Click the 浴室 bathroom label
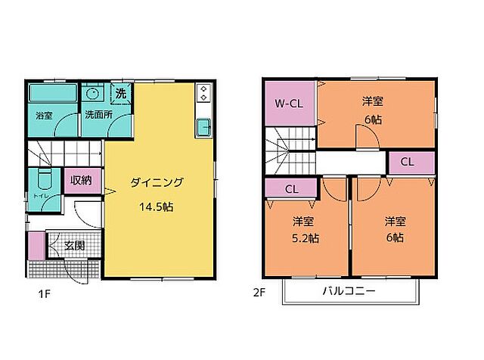pyautogui.click(x=43, y=116)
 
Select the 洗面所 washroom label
pyautogui.click(x=98, y=116)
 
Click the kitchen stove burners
pyautogui.click(x=203, y=94)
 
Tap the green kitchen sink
pyautogui.click(x=203, y=127)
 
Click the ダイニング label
pyautogui.click(x=157, y=182)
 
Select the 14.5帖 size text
pyautogui.click(x=157, y=205)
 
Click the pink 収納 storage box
pyautogui.click(x=81, y=181)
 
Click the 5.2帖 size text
pyautogui.click(x=306, y=237)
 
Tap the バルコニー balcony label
pyautogui.click(x=349, y=290)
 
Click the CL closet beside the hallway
pyautogui.click(x=407, y=162)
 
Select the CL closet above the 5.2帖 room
pyautogui.click(x=290, y=190)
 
